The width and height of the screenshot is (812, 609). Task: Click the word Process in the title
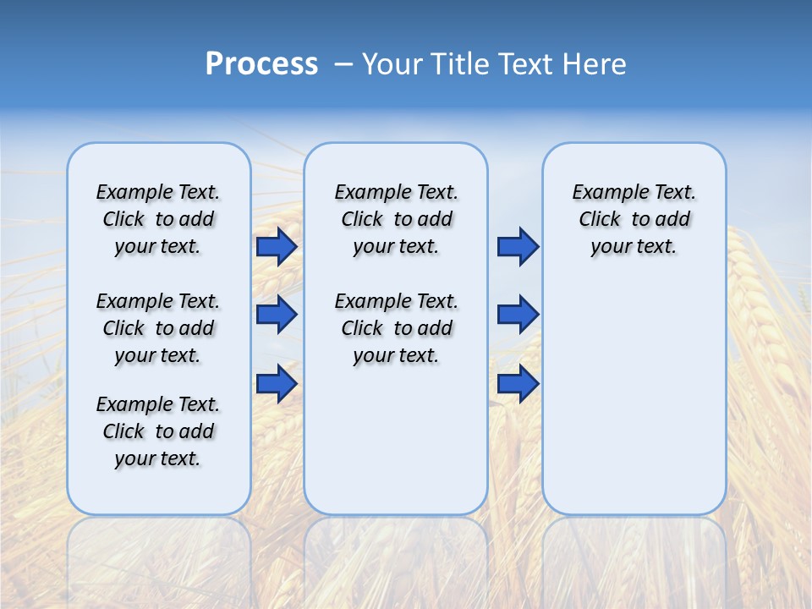261,63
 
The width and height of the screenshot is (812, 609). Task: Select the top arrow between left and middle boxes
277,247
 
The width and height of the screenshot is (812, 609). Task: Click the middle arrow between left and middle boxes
277,315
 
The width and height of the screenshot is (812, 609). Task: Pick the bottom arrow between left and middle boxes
277,384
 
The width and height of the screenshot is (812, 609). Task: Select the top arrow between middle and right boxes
518,247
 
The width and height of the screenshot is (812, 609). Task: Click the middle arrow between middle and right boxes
518,315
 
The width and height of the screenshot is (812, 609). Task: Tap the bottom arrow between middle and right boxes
518,384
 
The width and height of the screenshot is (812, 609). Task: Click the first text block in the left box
158,219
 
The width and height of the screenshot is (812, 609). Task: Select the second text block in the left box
158,328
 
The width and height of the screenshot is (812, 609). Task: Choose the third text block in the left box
158,431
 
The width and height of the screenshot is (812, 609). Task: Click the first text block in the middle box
396,219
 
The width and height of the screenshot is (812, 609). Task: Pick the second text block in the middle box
396,328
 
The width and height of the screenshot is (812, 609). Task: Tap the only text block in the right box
634,219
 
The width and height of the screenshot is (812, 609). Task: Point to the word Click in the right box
600,219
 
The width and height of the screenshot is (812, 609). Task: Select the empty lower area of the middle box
396,440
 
